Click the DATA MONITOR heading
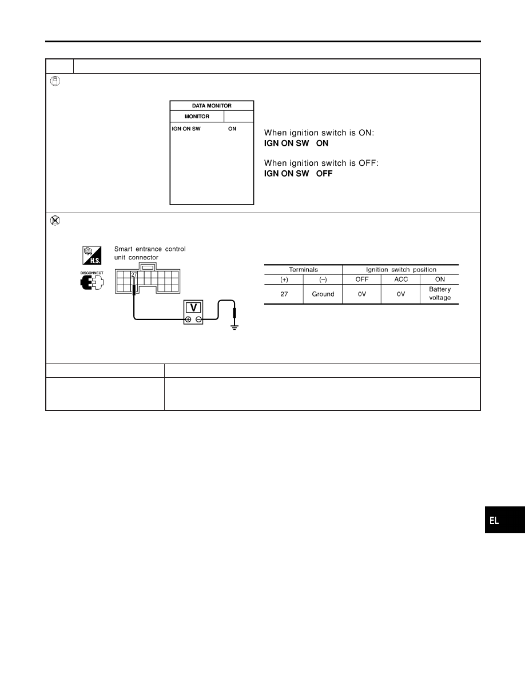[212, 106]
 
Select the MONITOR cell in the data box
[197, 117]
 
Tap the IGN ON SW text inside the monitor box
[186, 129]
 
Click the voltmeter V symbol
[193, 308]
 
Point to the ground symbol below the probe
[234, 326]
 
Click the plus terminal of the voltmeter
[188, 319]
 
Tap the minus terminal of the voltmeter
[198, 319]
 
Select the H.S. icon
[92, 255]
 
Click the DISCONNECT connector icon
[92, 281]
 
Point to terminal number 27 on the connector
[134, 275]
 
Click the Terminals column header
[303, 269]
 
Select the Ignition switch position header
[401, 269]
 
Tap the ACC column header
[401, 279]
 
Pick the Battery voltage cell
[440, 294]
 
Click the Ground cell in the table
[323, 294]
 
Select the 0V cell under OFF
[362, 294]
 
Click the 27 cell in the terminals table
[284, 294]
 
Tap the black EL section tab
[504, 520]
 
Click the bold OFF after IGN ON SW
[324, 174]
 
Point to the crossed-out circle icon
[55, 221]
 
